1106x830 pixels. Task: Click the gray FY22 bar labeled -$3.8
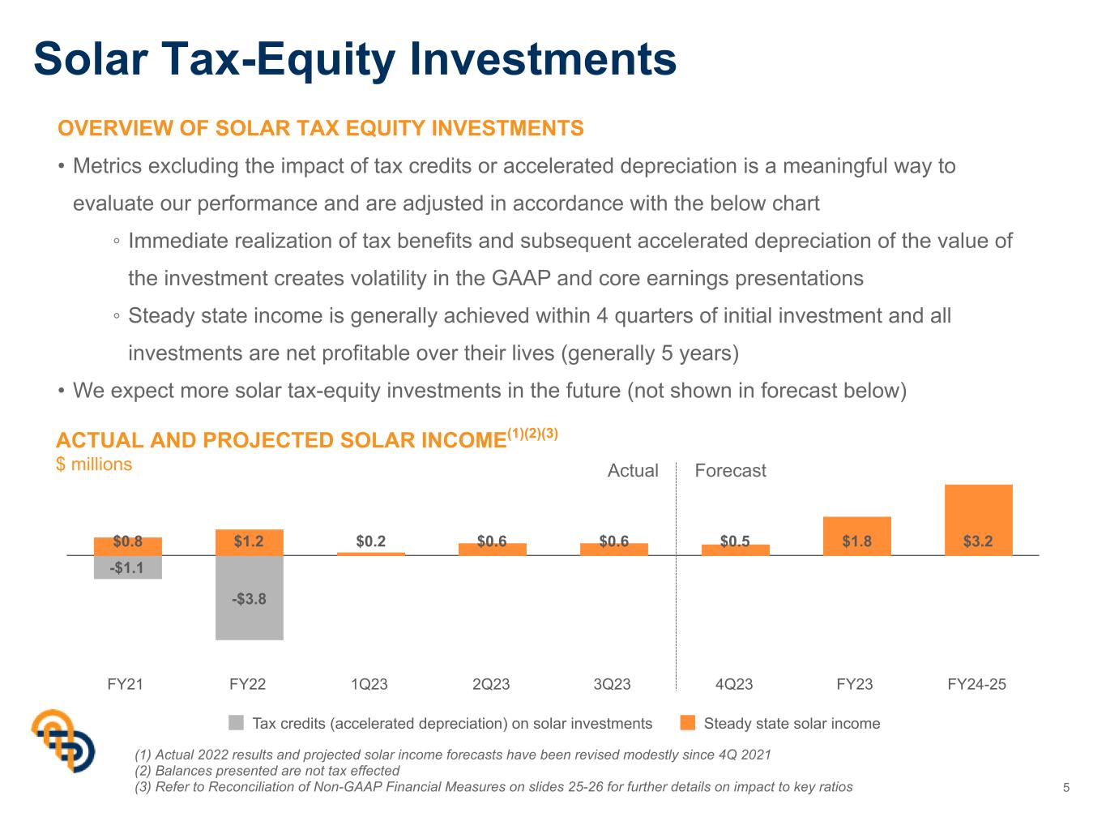[249, 597]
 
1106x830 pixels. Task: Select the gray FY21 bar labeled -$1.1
[127, 567]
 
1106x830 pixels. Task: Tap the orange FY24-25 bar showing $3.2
[978, 520]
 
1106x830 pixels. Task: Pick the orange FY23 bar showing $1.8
[856, 536]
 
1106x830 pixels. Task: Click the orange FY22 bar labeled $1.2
[249, 542]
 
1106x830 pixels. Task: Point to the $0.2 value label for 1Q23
[370, 541]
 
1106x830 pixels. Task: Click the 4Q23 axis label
[733, 684]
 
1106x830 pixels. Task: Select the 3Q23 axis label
[612, 684]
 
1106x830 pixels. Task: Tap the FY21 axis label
[125, 684]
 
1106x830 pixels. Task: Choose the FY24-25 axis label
[976, 684]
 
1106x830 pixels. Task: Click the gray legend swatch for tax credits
[236, 722]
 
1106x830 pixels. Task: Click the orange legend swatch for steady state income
[687, 722]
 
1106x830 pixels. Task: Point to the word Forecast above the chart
[730, 470]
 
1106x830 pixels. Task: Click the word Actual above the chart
[633, 470]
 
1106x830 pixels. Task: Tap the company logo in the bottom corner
[63, 740]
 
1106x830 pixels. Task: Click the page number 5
[1065, 787]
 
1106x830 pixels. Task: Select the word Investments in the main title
[543, 59]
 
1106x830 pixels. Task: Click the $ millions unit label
[94, 464]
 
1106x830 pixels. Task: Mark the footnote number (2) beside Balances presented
[143, 771]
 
